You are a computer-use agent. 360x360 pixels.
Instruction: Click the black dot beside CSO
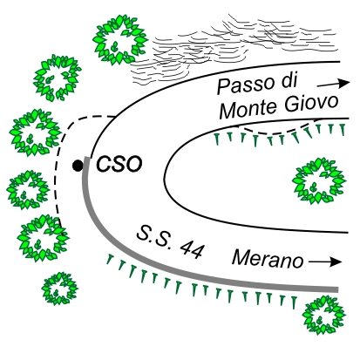78,166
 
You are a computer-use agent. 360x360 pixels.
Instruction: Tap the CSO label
119,165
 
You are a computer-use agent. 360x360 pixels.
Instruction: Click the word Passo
246,85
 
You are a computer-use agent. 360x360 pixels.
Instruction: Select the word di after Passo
289,79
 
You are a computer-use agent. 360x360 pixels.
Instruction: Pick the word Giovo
311,103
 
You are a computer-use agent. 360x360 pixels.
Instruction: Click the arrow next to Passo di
333,84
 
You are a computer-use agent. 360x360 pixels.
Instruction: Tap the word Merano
268,258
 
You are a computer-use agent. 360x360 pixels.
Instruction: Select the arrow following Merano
325,262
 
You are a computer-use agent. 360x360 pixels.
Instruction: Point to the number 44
191,249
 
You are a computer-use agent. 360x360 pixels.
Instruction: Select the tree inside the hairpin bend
319,180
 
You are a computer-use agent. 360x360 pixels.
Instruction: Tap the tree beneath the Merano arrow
323,315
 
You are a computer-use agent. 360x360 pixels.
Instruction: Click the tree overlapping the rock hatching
120,40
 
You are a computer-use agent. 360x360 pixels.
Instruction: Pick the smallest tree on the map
60,289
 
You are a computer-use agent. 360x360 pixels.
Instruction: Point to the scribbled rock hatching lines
233,46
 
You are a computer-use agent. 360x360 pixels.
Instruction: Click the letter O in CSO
132,165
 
